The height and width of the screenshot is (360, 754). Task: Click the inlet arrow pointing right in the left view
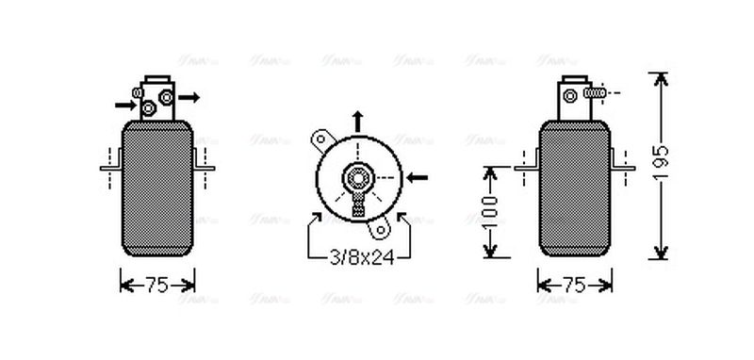pyautogui.click(x=123, y=104)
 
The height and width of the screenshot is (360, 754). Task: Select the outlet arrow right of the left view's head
pyautogui.click(x=189, y=96)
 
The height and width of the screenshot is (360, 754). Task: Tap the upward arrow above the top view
pyautogui.click(x=358, y=120)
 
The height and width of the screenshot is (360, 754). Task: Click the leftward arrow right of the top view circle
pyautogui.click(x=418, y=176)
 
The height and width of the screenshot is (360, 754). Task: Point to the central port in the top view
pyautogui.click(x=358, y=176)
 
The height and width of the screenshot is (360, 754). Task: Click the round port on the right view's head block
pyautogui.click(x=570, y=93)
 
